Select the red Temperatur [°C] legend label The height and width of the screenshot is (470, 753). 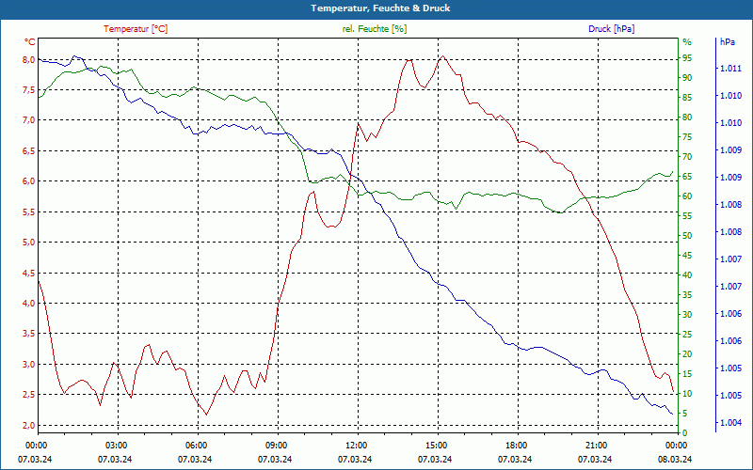pyautogui.click(x=136, y=29)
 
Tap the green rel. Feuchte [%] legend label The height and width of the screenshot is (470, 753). pyautogui.click(x=375, y=29)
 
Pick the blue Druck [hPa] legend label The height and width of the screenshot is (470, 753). pyautogui.click(x=611, y=29)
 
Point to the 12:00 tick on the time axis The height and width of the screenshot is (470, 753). pyautogui.click(x=357, y=445)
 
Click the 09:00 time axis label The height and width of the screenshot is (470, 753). pyautogui.click(x=277, y=445)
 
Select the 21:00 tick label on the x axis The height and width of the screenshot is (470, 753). pyautogui.click(x=596, y=445)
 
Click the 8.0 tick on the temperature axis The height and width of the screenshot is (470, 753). pyautogui.click(x=28, y=59)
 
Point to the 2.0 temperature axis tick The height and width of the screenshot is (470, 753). pyautogui.click(x=28, y=426)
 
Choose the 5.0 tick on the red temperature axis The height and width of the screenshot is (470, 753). pyautogui.click(x=28, y=243)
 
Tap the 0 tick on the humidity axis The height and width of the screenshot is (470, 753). pyautogui.click(x=685, y=432)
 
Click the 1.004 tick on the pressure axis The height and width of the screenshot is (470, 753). pyautogui.click(x=730, y=422)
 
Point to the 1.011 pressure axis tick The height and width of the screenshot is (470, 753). pyautogui.click(x=730, y=69)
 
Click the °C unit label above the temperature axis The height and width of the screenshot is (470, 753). pyautogui.click(x=30, y=42)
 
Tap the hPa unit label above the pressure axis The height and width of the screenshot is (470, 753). pyautogui.click(x=728, y=42)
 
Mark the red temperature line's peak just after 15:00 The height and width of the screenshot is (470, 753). pyautogui.click(x=441, y=56)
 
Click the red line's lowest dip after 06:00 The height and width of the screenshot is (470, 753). pyautogui.click(x=206, y=415)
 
